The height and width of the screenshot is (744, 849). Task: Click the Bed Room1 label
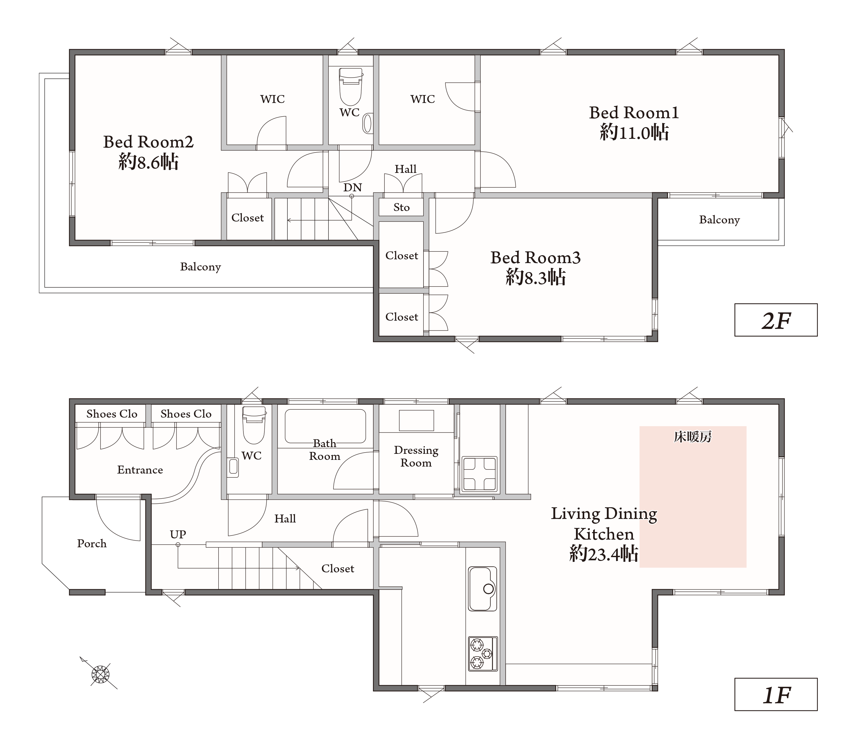coord(634,113)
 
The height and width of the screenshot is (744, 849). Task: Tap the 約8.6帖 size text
coord(148,162)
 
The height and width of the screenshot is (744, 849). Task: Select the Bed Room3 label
coord(536,258)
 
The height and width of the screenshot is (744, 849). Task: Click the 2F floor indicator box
coord(776,320)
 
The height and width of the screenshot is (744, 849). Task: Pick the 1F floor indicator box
coord(776,695)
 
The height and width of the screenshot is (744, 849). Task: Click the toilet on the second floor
coord(351,87)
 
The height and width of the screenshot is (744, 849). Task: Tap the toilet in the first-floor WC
coord(253,425)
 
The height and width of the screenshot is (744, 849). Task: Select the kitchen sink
coord(483,589)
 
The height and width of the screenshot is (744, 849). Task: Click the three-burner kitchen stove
coord(483,653)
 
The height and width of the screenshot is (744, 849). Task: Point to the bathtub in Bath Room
coord(325,426)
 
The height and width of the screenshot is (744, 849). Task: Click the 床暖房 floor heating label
coord(692,437)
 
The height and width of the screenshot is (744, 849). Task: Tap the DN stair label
coord(353,188)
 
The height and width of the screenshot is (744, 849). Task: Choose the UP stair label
coord(178,535)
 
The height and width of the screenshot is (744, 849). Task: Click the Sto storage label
coord(401,208)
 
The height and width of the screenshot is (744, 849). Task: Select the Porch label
coord(92,543)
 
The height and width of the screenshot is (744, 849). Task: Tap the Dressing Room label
coord(416,456)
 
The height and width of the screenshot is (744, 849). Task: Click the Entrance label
coord(140,470)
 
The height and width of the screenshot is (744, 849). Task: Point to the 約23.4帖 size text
coord(604,554)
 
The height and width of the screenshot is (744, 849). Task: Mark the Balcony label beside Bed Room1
coord(719,220)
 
